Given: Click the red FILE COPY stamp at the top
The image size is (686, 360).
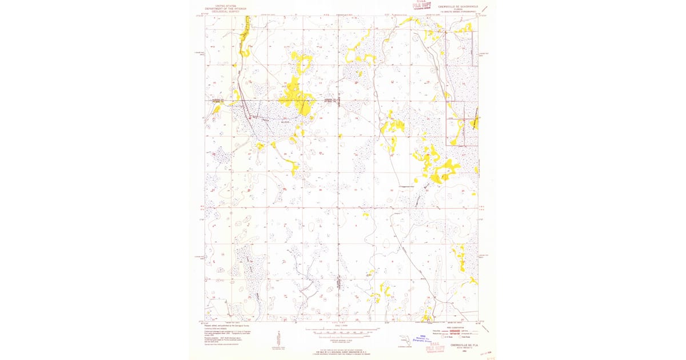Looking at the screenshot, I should coord(422,7).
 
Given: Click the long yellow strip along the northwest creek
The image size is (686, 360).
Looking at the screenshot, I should coord(246,37).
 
